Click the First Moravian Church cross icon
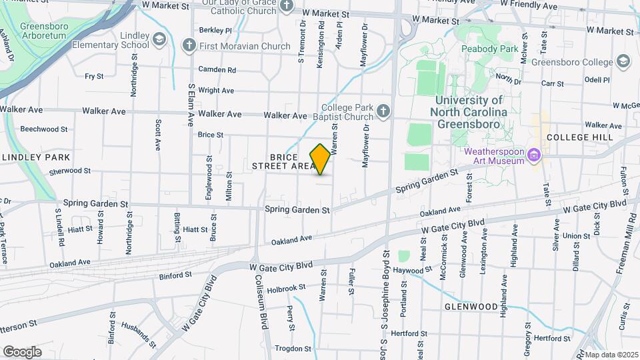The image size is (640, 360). coord(189,45)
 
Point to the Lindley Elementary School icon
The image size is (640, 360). coord(159,39)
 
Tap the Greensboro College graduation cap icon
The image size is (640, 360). coord(623,62)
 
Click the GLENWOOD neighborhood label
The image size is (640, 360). coord(471,307)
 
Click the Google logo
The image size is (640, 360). coord(22,351)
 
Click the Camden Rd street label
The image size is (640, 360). coord(217,69)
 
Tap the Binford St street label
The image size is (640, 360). coord(175,274)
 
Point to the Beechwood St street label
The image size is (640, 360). coord(44,129)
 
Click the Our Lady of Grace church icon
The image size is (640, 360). coord(287,6)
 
